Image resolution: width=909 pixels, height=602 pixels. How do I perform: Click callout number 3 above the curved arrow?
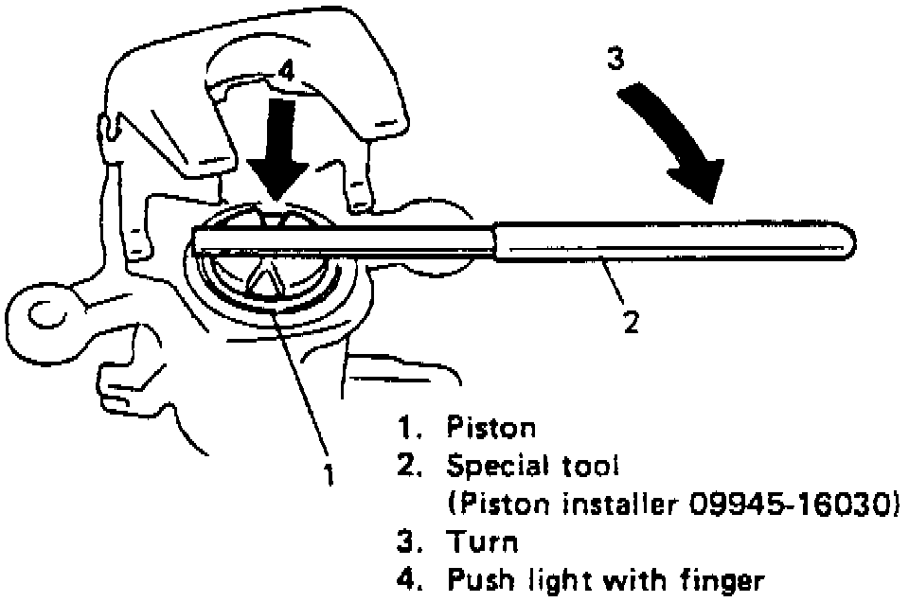click(615, 59)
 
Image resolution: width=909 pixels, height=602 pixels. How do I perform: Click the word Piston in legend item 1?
click(490, 428)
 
